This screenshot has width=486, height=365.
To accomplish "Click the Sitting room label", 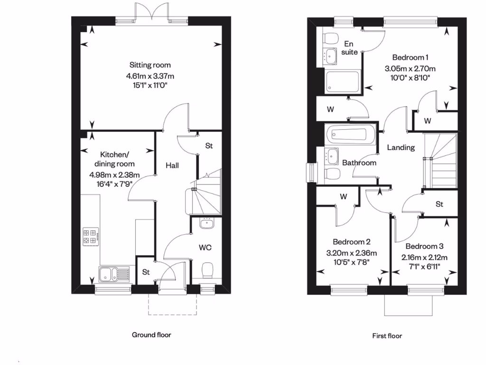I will coord(150,65).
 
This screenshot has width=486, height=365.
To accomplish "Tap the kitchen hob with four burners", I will coord(91,237).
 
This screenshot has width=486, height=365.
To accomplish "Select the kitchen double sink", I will coord(114,274).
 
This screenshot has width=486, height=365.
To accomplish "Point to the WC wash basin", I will coord(207,223).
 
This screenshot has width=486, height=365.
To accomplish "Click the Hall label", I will coord(172,165).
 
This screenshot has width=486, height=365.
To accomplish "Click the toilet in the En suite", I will coord(330,38).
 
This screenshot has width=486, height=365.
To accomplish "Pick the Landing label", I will coord(401,147).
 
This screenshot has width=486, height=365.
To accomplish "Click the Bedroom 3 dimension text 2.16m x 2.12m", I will coord(424,257).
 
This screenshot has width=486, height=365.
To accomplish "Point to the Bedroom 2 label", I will coord(351,241).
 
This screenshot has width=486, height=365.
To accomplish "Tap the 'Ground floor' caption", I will coord(151,335).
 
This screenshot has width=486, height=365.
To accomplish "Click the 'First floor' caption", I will coord(387,336).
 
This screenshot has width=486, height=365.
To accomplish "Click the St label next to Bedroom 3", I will coord(439,204).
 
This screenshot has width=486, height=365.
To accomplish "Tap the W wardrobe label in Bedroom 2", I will coord(343,196).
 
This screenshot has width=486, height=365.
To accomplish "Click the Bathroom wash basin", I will coord(332,155).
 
